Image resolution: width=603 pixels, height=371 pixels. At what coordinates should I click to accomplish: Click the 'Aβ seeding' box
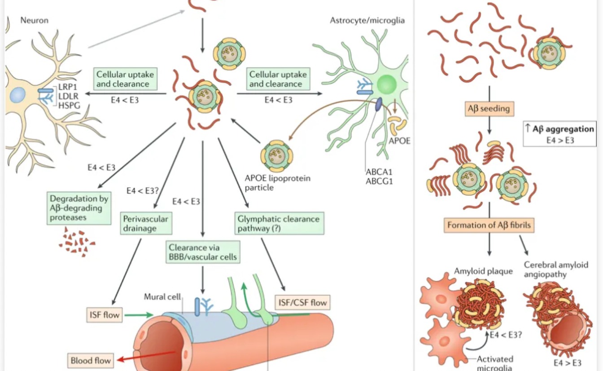coord(489,108)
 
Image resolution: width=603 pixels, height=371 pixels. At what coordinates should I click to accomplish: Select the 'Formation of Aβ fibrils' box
coord(489,225)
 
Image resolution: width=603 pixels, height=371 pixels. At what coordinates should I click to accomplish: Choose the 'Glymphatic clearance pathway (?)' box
coord(279,223)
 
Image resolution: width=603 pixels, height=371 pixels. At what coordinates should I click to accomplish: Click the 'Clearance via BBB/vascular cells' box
coord(202,252)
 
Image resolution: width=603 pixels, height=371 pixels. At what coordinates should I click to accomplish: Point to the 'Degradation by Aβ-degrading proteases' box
coord(79,208)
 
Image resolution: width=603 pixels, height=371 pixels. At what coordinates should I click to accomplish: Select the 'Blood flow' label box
coord(90,360)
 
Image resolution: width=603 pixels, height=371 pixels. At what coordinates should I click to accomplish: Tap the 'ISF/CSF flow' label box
coord(303,302)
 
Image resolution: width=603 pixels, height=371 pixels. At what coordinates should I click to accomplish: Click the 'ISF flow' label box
coord(104,314)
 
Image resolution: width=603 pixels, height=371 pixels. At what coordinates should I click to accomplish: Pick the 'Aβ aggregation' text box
coord(559,134)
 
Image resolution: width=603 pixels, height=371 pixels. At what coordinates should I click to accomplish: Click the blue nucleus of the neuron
coord(17,95)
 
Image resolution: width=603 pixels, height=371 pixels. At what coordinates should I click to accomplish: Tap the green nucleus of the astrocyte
coord(386,84)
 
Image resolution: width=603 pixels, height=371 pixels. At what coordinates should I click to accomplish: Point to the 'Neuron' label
coord(34,20)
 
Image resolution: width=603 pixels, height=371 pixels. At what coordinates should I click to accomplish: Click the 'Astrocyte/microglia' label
coord(367,20)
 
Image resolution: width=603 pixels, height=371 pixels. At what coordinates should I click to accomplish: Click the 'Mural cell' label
coord(162,297)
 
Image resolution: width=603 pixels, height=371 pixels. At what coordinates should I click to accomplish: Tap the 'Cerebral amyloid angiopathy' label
coord(556,269)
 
